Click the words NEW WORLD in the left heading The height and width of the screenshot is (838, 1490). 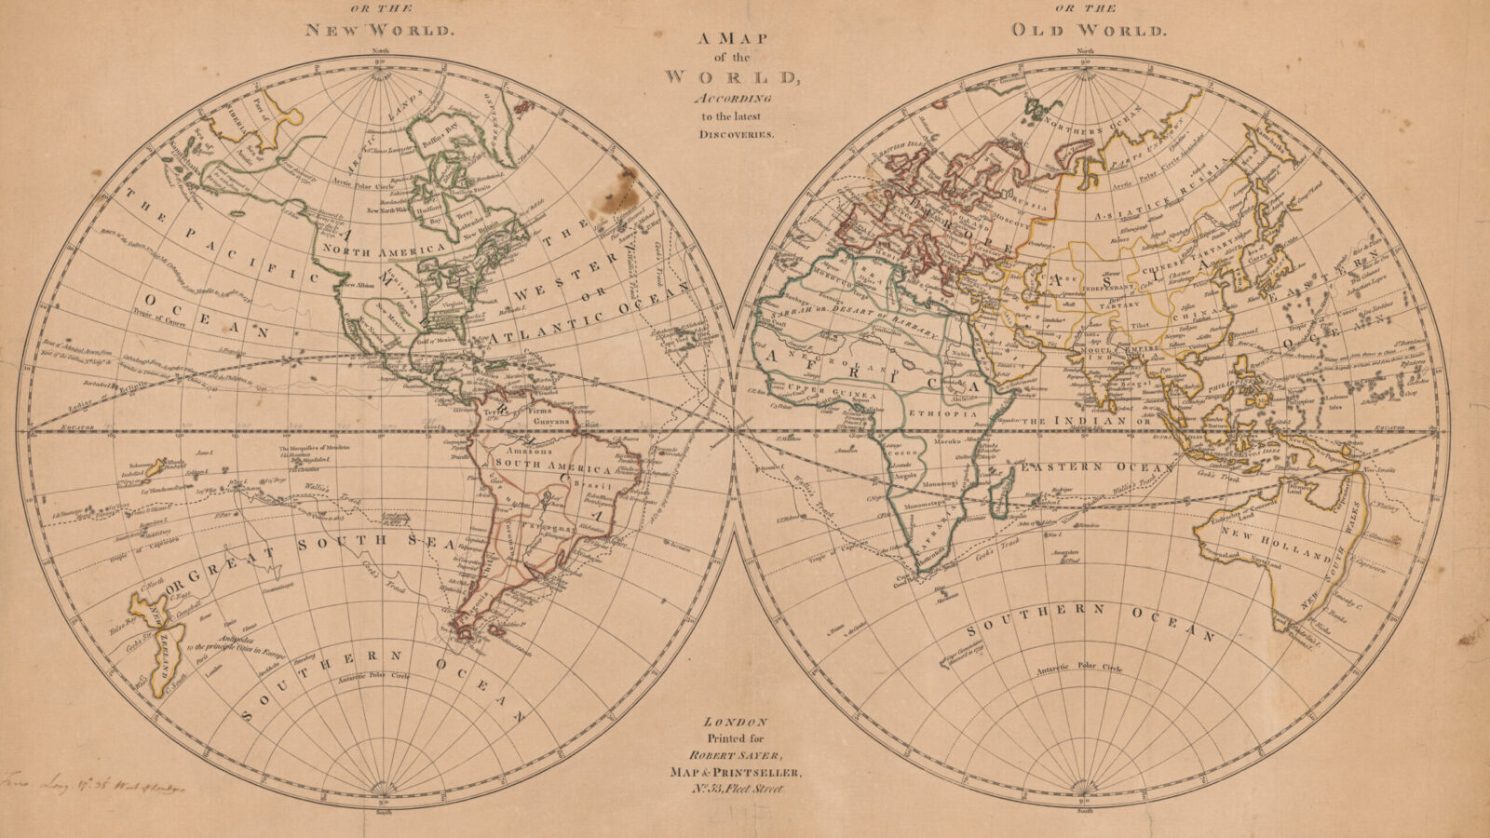point(381,29)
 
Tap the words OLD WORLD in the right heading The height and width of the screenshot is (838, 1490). point(1088,30)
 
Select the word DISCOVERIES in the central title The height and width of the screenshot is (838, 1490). point(731,134)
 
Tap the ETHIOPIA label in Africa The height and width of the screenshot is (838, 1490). point(950,412)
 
